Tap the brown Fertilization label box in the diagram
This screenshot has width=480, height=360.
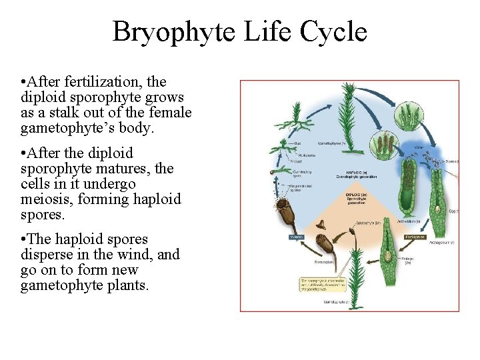pos(416,237)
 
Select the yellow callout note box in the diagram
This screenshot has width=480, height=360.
pos(322,285)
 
